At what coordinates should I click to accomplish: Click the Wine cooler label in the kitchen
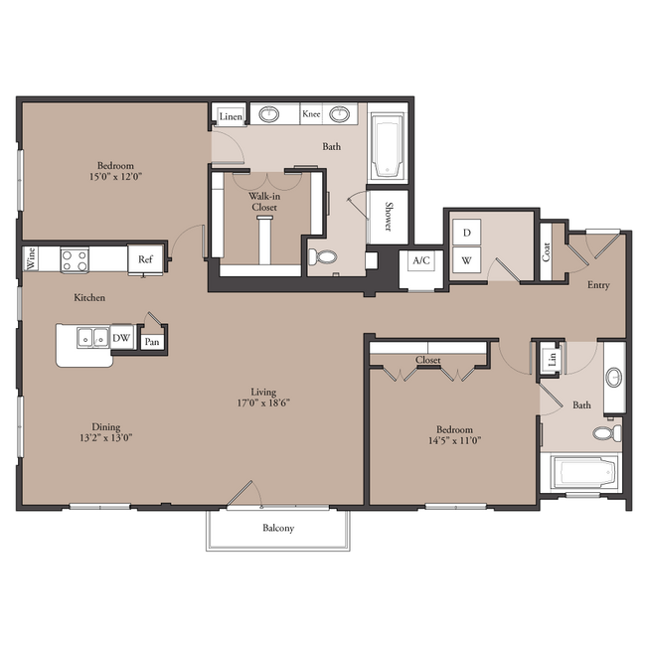31,258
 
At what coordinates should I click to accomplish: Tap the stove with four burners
75,260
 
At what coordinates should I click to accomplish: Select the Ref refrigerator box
145,259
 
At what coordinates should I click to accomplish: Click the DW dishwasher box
121,338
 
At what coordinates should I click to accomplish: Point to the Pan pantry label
152,342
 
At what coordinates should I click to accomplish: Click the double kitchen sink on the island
93,338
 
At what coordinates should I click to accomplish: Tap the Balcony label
278,528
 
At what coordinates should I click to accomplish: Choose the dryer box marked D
467,233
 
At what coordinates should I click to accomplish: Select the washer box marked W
467,260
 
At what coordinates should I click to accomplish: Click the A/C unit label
421,260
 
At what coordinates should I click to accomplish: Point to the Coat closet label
546,251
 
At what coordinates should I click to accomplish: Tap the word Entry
598,285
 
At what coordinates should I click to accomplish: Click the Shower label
388,217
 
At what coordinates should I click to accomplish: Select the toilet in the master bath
323,257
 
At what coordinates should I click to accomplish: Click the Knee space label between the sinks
311,113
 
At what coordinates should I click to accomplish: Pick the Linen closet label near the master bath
231,116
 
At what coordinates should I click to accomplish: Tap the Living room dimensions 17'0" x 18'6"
263,403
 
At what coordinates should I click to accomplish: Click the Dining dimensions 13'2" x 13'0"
106,437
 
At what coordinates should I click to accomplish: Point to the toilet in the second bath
607,433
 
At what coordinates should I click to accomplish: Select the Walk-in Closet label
264,202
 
